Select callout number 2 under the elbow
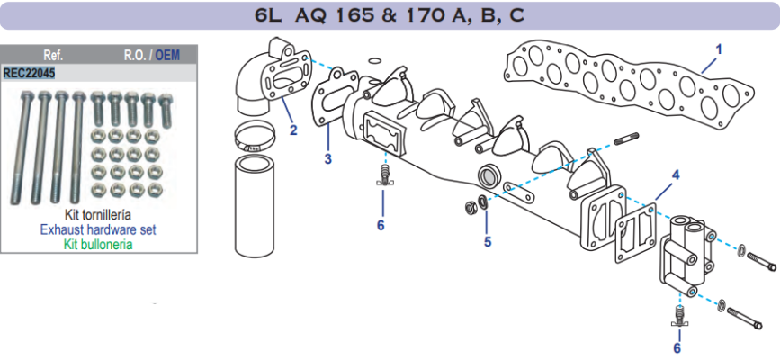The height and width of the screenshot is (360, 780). [x=293, y=130]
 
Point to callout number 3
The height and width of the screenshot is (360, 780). [x=328, y=159]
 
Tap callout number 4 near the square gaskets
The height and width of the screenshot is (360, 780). [x=676, y=173]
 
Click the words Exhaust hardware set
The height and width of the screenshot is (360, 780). [x=98, y=229]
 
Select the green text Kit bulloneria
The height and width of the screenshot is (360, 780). [x=98, y=244]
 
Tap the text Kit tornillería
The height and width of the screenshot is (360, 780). [x=98, y=216]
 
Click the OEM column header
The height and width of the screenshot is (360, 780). [x=166, y=55]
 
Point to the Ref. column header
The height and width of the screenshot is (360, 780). [x=53, y=55]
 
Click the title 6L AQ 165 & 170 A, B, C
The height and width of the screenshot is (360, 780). [x=390, y=15]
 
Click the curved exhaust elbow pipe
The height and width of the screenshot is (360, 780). [x=261, y=85]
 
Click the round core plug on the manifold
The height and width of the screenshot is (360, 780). [x=489, y=175]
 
